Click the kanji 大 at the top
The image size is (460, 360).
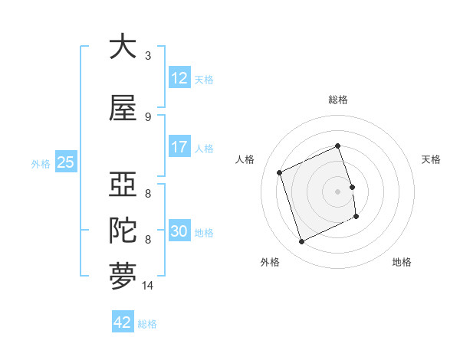click(123, 47)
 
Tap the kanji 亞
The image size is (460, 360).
click(123, 186)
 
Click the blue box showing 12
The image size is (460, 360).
click(179, 78)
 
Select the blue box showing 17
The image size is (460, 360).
click(179, 147)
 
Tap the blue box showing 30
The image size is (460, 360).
click(179, 231)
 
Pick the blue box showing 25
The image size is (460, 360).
click(65, 162)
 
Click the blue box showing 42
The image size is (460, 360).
click(123, 322)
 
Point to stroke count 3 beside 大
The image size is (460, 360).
click(148, 56)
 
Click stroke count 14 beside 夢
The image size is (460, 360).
click(148, 286)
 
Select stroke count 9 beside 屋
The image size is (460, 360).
click(148, 117)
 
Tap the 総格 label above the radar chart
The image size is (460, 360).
click(338, 100)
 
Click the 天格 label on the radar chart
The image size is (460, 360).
click(432, 159)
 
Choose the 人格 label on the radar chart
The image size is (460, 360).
click(245, 159)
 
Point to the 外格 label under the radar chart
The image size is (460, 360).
click(269, 262)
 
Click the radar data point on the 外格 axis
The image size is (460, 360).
click(301, 242)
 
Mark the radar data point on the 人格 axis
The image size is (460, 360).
click(280, 172)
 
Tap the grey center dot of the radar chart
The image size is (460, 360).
click(338, 191)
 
